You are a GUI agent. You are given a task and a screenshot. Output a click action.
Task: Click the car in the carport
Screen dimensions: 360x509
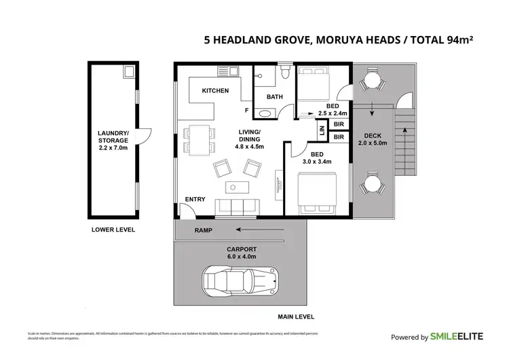pyautogui.click(x=241, y=279)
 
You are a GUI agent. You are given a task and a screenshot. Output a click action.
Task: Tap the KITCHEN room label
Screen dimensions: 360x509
pyautogui.click(x=215, y=90)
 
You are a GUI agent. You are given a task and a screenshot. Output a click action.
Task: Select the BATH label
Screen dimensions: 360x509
pyautogui.click(x=274, y=97)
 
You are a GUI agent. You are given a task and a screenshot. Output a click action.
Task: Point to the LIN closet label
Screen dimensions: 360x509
pyautogui.click(x=322, y=126)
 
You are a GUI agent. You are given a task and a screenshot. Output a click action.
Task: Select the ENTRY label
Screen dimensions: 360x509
pyautogui.click(x=195, y=199)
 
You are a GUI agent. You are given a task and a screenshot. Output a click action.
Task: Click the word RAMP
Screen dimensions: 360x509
pyautogui.click(x=203, y=231)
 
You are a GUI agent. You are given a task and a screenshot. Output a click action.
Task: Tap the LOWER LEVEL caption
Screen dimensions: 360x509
pyautogui.click(x=113, y=230)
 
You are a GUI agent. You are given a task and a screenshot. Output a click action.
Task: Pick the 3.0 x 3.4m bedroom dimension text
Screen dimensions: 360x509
pyautogui.click(x=316, y=162)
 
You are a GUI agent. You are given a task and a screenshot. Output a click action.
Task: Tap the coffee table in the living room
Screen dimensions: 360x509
pyautogui.click(x=233, y=187)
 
